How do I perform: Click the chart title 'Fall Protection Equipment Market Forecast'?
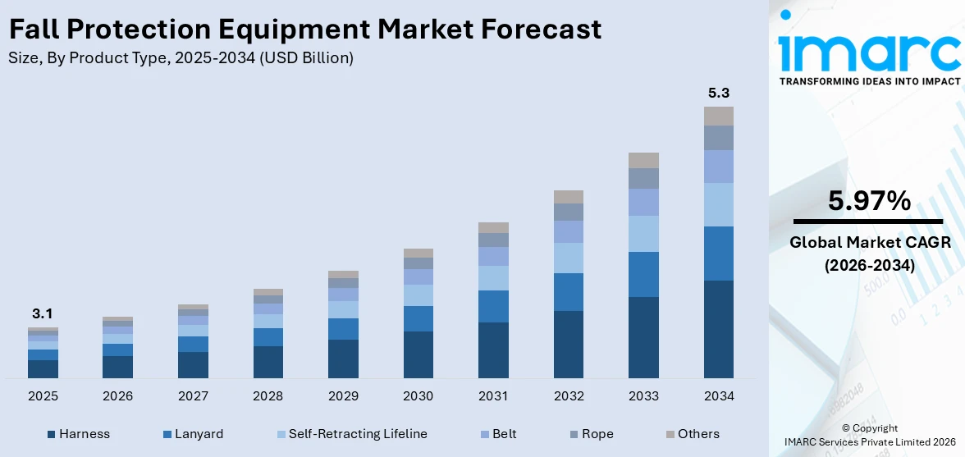pyautogui.click(x=304, y=30)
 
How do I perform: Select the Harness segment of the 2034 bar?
pyautogui.click(x=718, y=329)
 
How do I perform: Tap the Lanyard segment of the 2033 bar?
pyautogui.click(x=643, y=274)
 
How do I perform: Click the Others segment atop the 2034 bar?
pyautogui.click(x=718, y=116)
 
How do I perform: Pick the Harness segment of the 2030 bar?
pyautogui.click(x=418, y=354)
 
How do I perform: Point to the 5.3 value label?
pyautogui.click(x=718, y=94)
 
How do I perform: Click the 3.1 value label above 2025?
pyautogui.click(x=43, y=313)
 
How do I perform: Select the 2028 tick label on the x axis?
pyautogui.click(x=268, y=396)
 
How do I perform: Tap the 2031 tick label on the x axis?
pyautogui.click(x=493, y=396)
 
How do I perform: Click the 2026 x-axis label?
pyautogui.click(x=118, y=396)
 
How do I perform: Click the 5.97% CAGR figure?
pyautogui.click(x=869, y=201)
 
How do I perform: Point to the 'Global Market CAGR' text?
pyautogui.click(x=869, y=243)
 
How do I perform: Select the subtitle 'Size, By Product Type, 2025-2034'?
pyautogui.click(x=181, y=57)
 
